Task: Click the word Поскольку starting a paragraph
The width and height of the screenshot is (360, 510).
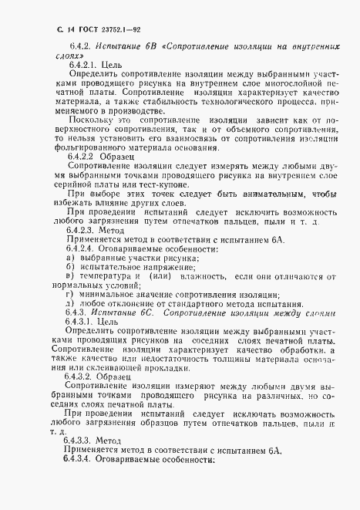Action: click(92, 121)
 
